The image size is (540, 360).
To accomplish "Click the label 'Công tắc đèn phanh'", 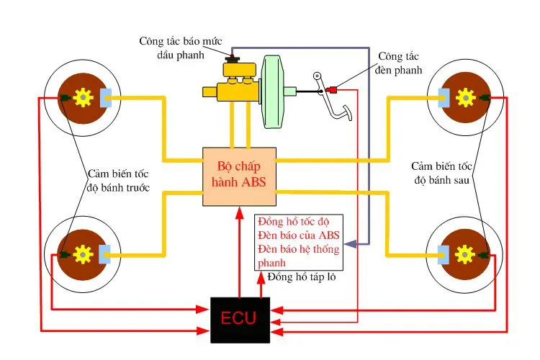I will coord(400,63).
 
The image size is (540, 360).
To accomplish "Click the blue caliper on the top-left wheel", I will coord(105,96).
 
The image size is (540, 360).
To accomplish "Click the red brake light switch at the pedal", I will coord(333,90).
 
